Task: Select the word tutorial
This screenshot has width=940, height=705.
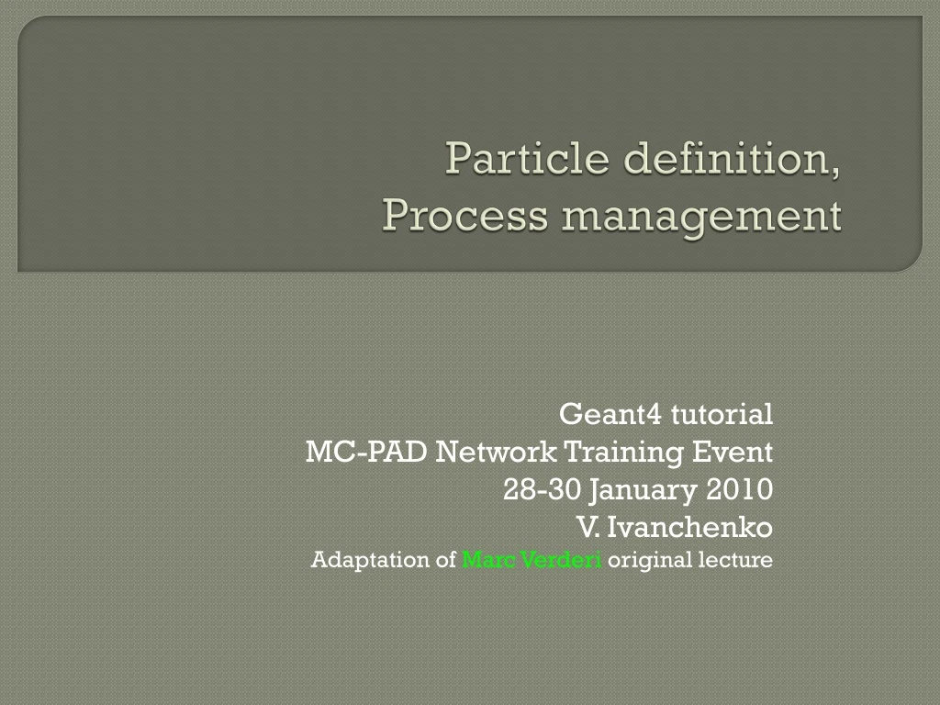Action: tap(721, 415)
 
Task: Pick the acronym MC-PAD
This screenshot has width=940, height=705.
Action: tap(366, 453)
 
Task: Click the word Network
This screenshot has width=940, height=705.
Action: tap(496, 453)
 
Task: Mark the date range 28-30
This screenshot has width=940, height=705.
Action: tap(543, 490)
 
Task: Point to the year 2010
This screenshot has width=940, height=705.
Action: tap(740, 490)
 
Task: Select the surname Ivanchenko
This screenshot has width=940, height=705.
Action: tap(689, 528)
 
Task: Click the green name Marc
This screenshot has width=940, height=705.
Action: tap(483, 559)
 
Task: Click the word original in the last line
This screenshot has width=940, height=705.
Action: tap(642, 560)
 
